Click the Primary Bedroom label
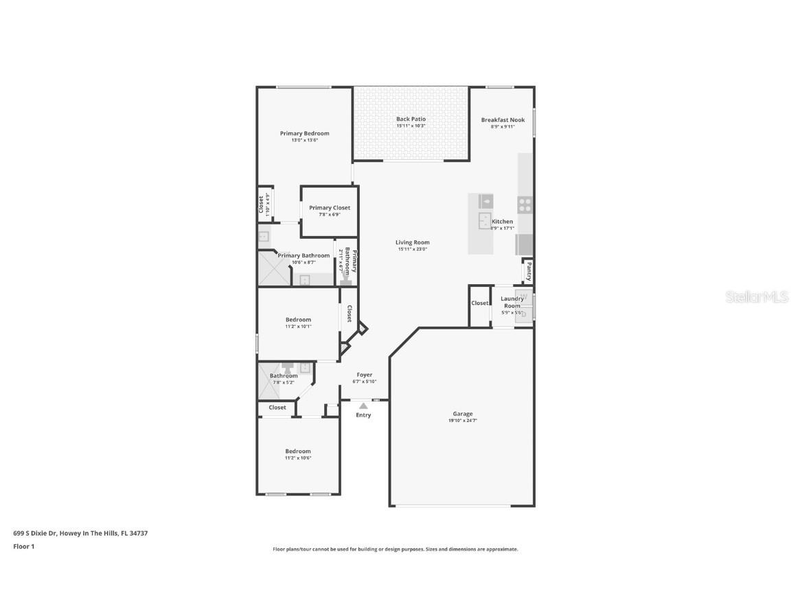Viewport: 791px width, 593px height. coord(304,133)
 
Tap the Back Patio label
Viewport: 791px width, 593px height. coord(411,119)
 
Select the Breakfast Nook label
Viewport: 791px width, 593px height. coord(503,120)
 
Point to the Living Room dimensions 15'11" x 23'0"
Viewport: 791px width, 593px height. coord(413,249)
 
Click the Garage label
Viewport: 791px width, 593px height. coord(462,414)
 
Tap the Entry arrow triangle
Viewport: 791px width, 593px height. coord(363,406)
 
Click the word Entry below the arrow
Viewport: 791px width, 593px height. coord(363,415)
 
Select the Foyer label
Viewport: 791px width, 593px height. coord(364,375)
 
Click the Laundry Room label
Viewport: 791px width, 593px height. coord(512,302)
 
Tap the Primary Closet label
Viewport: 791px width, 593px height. coord(330,208)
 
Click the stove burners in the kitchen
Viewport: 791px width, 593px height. coord(525,204)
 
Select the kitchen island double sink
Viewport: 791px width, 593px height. coord(485,220)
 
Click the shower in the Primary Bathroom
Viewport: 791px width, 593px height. coord(273,268)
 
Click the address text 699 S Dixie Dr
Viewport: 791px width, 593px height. coord(36,533)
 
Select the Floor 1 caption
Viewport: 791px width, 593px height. coord(23,547)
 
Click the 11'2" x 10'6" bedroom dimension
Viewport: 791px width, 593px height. coord(298,458)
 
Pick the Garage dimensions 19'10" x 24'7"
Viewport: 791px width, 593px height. coord(462,421)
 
